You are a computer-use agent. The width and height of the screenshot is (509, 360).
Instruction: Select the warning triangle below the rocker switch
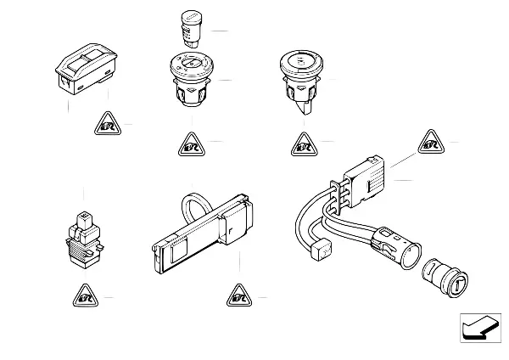pos(108,126)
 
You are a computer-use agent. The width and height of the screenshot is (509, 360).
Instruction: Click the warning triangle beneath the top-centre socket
pos(190,144)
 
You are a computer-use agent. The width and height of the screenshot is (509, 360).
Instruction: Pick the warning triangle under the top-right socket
pos(305,144)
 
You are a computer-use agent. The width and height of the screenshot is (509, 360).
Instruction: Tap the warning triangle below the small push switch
pos(83,296)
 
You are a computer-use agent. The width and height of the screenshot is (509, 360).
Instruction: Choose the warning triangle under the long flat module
pos(238,296)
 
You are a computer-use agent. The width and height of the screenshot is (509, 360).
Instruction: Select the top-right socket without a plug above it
pos(303,81)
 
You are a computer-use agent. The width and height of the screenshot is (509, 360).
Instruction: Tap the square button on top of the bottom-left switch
pos(83,218)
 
